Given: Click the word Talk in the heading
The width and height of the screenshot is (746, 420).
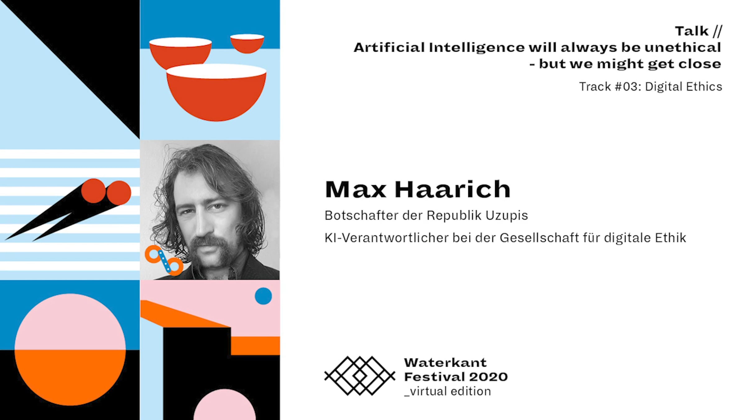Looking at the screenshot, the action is point(692,31).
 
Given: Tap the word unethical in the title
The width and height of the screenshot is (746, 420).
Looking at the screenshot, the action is point(683,47).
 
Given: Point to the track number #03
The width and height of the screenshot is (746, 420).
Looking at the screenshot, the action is point(626,86).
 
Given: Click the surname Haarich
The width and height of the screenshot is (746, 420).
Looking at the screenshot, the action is point(453,189).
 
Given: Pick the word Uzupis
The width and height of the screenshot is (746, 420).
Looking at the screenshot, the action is point(507,216).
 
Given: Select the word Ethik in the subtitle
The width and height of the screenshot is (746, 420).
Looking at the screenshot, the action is point(670,238).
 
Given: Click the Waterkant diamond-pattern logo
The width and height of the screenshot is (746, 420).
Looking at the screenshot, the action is point(360,376).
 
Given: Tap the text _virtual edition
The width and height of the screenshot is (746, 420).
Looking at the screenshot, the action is point(448,391).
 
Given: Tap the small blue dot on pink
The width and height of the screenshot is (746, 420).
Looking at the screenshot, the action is point(263,296).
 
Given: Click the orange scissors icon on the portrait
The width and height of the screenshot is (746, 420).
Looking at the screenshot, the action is point(164,260).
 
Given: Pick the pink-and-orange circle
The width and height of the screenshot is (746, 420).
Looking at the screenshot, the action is point(70,350).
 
